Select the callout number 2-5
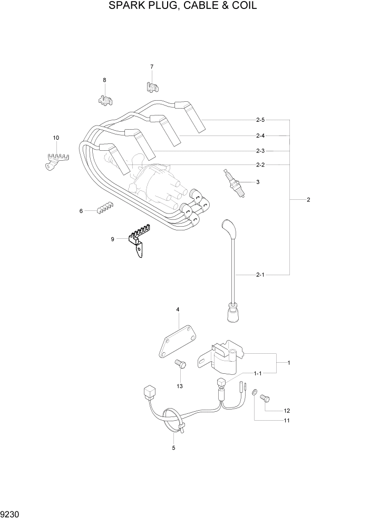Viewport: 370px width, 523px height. (x=260, y=120)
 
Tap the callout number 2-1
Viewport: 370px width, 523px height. (x=260, y=275)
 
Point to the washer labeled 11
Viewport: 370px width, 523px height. (x=255, y=393)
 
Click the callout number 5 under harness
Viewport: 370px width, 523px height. (x=173, y=448)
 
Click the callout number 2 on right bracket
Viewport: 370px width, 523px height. (x=308, y=200)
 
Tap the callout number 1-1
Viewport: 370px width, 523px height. (x=258, y=373)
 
